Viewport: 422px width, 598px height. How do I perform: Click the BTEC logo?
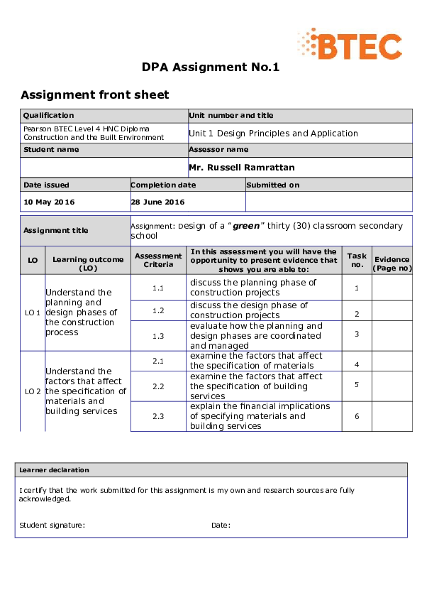click(x=349, y=44)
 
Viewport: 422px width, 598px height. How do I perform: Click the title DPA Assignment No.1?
click(x=211, y=67)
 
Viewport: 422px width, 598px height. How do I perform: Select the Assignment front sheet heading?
click(x=94, y=94)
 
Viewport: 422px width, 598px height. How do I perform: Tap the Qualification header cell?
click(x=48, y=115)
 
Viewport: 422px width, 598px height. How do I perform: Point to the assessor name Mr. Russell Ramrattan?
click(x=241, y=168)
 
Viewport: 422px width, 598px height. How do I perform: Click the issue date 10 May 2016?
click(x=49, y=202)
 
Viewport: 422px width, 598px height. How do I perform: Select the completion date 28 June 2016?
click(x=157, y=202)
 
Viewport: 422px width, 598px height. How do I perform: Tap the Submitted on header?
click(x=274, y=185)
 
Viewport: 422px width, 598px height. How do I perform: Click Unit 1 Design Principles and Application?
click(x=273, y=133)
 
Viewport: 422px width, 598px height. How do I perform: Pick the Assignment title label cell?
click(x=56, y=230)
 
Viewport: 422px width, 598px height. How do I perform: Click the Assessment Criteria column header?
click(x=158, y=260)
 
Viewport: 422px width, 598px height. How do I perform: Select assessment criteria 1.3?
click(x=158, y=336)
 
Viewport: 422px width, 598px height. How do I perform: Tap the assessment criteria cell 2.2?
click(x=158, y=386)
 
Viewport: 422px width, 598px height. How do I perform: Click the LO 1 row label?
click(x=33, y=312)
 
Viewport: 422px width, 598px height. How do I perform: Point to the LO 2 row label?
click(x=33, y=391)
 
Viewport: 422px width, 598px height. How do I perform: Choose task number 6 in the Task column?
click(x=357, y=416)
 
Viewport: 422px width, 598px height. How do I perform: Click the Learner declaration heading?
click(x=54, y=469)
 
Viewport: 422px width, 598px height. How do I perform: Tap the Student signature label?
click(x=52, y=525)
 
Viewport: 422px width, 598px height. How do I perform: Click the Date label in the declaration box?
click(x=221, y=525)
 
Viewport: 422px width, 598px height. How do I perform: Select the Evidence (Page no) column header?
click(x=392, y=263)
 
